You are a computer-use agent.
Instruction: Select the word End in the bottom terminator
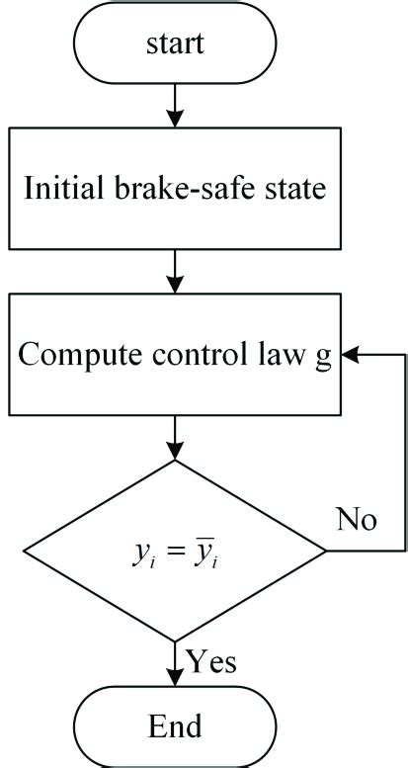[x=175, y=726]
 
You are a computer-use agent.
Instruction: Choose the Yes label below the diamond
[x=209, y=660]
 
